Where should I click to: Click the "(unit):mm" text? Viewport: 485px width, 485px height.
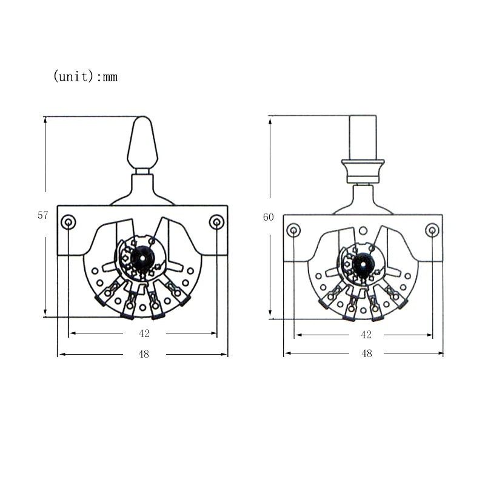pyautogui.click(x=85, y=76)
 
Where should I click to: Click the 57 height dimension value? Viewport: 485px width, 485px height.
pyautogui.click(x=43, y=215)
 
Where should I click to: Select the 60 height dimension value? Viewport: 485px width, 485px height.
pyautogui.click(x=268, y=217)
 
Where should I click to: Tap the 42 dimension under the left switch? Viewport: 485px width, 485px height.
pyautogui.click(x=144, y=333)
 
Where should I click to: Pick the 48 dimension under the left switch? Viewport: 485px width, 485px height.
pyautogui.click(x=144, y=354)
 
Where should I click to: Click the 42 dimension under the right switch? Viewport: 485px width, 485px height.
pyautogui.click(x=366, y=335)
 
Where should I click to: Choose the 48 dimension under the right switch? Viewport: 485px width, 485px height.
pyautogui.click(x=367, y=353)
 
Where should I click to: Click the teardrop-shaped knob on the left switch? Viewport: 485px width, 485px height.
pyautogui.click(x=142, y=142)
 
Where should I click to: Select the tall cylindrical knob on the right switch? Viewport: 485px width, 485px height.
pyautogui.click(x=363, y=138)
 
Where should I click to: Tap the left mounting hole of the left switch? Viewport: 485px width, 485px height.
pyautogui.click(x=69, y=222)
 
